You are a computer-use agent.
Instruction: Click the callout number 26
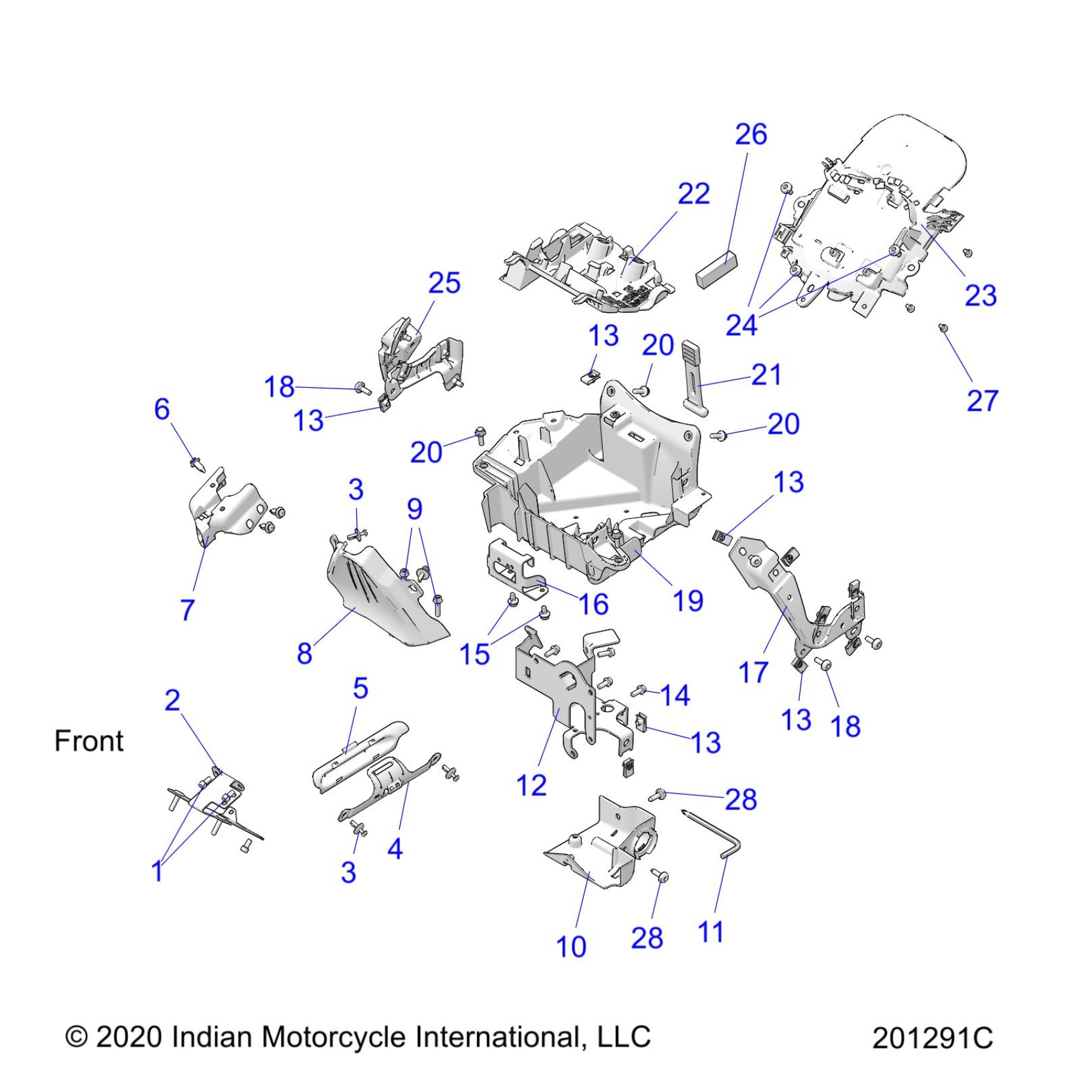751,135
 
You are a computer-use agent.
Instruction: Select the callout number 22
693,194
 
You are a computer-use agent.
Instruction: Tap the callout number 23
980,296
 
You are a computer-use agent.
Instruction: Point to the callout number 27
982,401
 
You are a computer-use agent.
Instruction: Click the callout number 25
444,284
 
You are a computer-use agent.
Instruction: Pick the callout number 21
766,375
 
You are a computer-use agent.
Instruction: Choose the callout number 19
688,601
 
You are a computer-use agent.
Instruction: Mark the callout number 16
593,604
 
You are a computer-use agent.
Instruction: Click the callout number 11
711,933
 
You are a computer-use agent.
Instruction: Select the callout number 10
571,947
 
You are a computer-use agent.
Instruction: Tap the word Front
89,741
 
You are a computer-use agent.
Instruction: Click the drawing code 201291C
932,1038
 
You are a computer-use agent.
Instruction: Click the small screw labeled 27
944,328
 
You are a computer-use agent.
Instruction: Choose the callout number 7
187,610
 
